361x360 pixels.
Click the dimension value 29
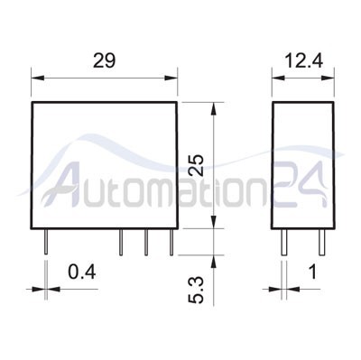pyautogui.click(x=104, y=61)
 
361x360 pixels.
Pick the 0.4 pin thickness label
pyautogui.click(x=82, y=272)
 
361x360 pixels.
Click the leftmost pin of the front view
pyautogui.click(x=43, y=241)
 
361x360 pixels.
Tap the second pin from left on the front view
pyautogui.click(x=122, y=241)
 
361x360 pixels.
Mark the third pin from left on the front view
pyautogui.click(x=145, y=241)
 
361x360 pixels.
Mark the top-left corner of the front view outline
pyautogui.click(x=32, y=101)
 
